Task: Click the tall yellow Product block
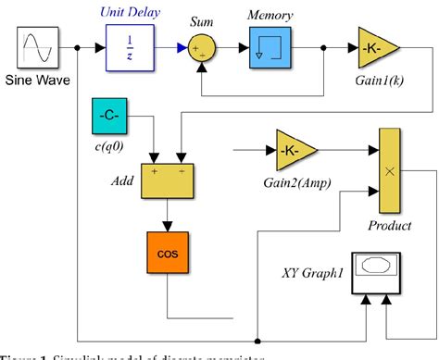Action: tap(391, 170)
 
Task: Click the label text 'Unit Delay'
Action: tap(132, 13)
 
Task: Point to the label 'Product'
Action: tap(389, 226)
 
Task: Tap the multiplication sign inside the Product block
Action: tap(391, 171)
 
